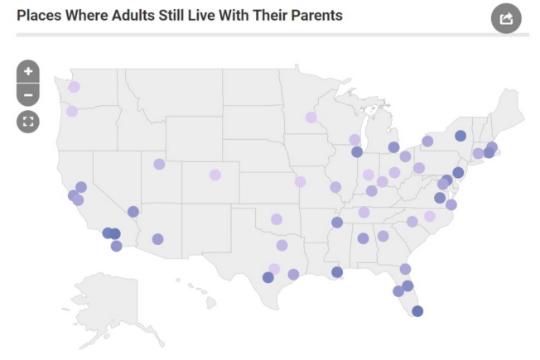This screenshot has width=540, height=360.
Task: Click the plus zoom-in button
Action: pyautogui.click(x=28, y=71)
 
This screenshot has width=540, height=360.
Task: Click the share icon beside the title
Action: pyautogui.click(x=506, y=18)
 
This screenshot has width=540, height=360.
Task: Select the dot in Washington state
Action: pyautogui.click(x=74, y=87)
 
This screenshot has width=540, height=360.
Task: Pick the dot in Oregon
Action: pyautogui.click(x=72, y=111)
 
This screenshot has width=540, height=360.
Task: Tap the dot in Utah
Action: pyautogui.click(x=159, y=164)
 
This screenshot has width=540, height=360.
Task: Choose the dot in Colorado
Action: pyautogui.click(x=215, y=175)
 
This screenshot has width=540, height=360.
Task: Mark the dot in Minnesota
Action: pyautogui.click(x=311, y=118)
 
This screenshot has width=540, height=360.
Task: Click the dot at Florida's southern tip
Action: pyautogui.click(x=417, y=311)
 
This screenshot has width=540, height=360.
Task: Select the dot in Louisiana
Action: pyautogui.click(x=337, y=272)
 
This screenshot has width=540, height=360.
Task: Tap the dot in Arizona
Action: pyautogui.click(x=157, y=239)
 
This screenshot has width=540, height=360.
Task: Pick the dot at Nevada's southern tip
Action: pyautogui.click(x=133, y=212)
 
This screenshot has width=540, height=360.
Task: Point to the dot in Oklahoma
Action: pyautogui.click(x=277, y=219)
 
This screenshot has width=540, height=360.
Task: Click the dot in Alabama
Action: pyautogui.click(x=363, y=238)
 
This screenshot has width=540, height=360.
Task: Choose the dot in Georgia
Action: pyautogui.click(x=383, y=236)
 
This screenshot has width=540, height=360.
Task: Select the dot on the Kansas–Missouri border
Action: pyautogui.click(x=300, y=181)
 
